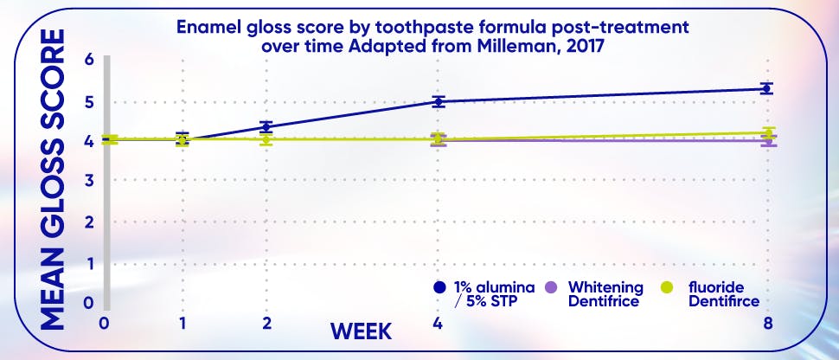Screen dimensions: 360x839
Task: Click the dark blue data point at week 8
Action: tap(765, 88)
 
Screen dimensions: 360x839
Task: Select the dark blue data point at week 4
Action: tap(439, 101)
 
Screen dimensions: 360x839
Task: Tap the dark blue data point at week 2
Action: tap(266, 126)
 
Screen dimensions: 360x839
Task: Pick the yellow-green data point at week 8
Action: tap(766, 133)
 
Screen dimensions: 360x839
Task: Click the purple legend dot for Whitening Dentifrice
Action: tap(555, 286)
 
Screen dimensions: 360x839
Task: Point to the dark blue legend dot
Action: tap(440, 286)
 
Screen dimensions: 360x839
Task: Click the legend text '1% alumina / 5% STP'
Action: tap(493, 294)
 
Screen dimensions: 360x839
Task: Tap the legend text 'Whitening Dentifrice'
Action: tap(605, 294)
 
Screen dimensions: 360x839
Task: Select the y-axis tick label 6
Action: tap(88, 60)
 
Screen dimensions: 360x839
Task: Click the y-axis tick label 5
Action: tap(88, 101)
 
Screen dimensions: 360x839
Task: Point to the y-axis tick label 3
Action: tap(88, 180)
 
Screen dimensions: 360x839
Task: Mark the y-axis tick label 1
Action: tap(88, 263)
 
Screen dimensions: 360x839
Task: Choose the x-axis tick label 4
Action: tap(439, 323)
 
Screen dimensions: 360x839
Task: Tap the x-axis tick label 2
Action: tap(266, 323)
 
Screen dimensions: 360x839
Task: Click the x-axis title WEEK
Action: tap(361, 331)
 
